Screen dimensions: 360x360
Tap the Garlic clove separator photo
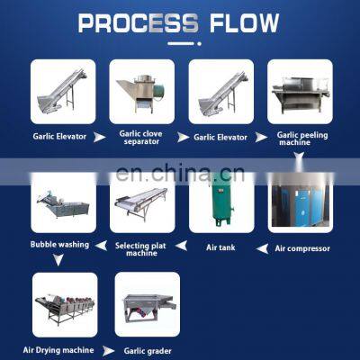click(141, 91)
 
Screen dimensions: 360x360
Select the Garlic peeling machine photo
click(300, 91)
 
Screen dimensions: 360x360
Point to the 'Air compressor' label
click(301, 248)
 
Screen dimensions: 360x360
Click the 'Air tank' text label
click(220, 247)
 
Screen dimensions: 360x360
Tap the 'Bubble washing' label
click(59, 244)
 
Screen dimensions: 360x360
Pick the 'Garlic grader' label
click(147, 350)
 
